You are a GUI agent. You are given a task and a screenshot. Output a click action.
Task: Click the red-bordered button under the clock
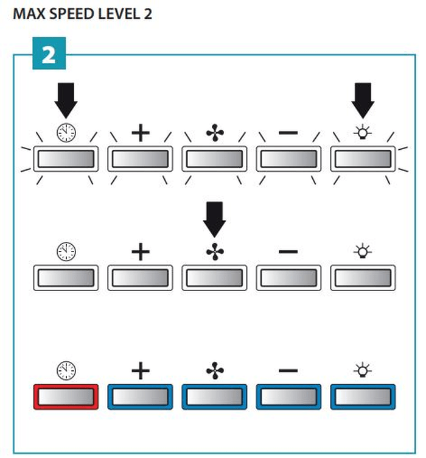[x=66, y=396]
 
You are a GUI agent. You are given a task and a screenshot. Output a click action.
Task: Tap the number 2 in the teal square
[x=49, y=55]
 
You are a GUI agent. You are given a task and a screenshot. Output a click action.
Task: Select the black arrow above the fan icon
[x=214, y=219]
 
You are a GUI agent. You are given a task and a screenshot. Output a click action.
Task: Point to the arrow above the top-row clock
[x=66, y=100]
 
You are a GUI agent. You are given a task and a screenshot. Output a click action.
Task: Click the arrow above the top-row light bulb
[x=363, y=100]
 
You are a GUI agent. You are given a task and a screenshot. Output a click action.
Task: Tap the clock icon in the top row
[x=66, y=133]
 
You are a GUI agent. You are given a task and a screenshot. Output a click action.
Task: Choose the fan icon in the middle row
[x=215, y=252]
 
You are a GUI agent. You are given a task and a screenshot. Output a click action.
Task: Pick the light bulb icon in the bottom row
[x=363, y=370]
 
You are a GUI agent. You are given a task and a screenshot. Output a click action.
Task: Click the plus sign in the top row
[x=141, y=133]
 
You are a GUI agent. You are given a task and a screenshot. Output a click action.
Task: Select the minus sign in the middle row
[x=288, y=252]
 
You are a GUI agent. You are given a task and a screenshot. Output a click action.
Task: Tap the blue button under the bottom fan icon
[x=214, y=396]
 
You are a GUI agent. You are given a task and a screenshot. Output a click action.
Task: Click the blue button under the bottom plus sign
[x=141, y=396]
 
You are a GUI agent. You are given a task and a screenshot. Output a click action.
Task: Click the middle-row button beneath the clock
[x=66, y=278]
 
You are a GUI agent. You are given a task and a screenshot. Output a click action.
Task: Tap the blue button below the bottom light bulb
[x=363, y=396]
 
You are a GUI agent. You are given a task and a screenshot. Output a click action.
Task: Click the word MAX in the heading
[x=29, y=14]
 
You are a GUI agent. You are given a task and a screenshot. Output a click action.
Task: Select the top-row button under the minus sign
[x=288, y=159]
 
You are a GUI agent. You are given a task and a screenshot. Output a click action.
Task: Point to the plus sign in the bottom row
[x=141, y=370]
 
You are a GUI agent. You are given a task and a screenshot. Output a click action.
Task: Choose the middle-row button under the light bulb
[x=363, y=278]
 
